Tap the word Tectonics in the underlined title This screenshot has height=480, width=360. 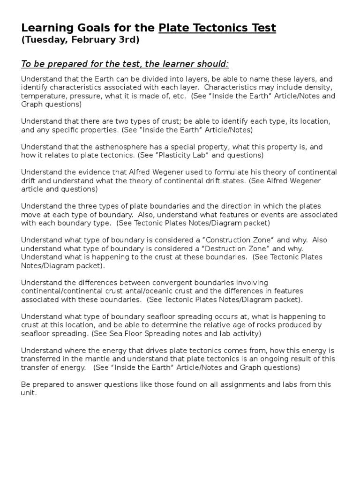(219, 28)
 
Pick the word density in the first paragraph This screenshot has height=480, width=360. (318, 88)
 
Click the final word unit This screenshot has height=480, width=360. (29, 393)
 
